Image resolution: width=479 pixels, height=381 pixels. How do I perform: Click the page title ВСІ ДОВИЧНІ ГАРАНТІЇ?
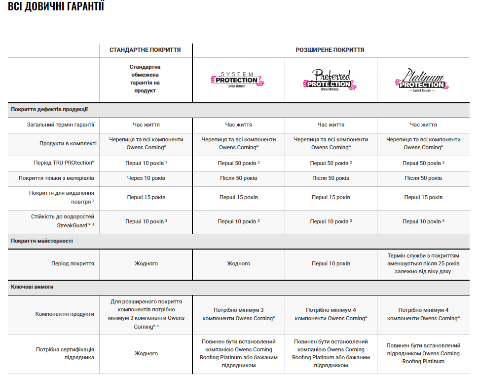56,7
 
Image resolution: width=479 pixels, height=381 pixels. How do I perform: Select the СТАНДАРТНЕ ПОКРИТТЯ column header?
145,50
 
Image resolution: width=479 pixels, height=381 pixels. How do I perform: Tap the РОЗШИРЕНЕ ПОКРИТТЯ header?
330,50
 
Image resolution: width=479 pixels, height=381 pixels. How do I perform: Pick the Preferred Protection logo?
331,80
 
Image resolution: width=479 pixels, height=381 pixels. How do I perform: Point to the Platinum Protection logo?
423,80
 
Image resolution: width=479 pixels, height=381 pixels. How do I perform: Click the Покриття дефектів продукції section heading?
49,109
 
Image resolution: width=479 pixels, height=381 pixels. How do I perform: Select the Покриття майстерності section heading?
42,241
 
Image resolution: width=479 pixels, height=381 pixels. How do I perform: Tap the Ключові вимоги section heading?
32,286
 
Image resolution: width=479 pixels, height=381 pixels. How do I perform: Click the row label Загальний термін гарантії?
61,125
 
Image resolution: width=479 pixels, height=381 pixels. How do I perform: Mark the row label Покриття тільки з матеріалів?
57,178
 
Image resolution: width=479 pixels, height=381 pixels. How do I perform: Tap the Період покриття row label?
73,263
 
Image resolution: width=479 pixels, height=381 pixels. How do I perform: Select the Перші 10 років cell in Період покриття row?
331,263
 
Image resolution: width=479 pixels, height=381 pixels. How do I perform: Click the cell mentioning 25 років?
423,263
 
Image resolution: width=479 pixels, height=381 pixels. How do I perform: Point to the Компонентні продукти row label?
65,313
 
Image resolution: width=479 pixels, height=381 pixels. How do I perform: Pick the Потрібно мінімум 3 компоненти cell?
238,314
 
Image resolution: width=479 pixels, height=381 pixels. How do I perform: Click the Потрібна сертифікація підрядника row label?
65,353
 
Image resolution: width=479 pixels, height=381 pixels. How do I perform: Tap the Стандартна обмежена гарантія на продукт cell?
145,79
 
